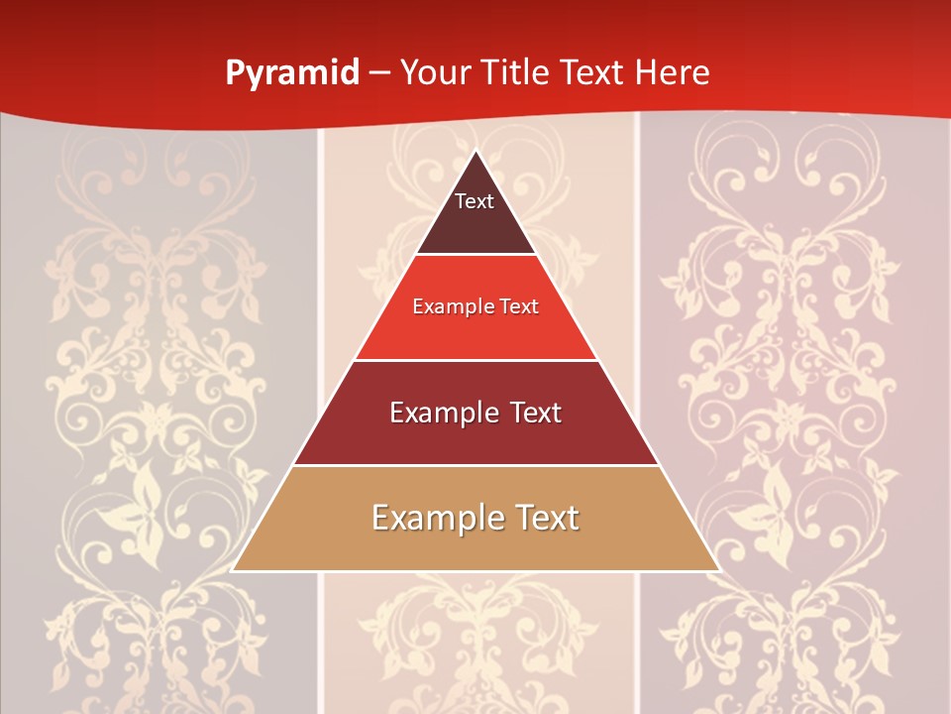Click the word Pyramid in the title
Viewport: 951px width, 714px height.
291,73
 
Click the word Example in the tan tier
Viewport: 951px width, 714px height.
431,518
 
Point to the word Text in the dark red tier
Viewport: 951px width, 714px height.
530,413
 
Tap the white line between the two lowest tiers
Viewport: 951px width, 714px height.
475,465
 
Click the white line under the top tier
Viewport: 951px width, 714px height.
475,255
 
